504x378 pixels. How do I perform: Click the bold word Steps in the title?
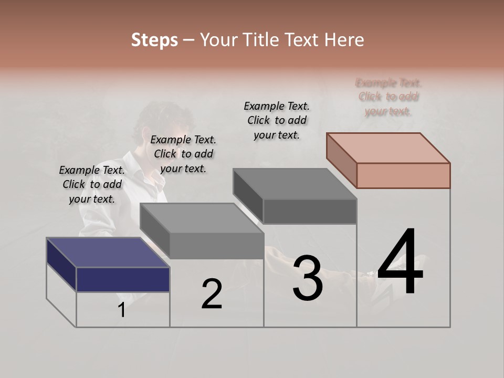coord(154,40)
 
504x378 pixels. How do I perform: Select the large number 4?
coord(400,262)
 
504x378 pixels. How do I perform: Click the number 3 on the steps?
coord(308,278)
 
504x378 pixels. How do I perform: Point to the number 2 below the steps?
coord(212,293)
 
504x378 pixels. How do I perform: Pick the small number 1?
coord(121,310)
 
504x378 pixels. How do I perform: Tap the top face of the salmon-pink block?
coord(388,148)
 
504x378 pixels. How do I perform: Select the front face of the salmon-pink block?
coord(403,175)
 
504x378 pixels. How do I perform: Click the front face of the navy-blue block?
coord(123,279)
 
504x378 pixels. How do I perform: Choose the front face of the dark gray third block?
coord(310,211)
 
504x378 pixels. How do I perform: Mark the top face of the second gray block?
coord(202,218)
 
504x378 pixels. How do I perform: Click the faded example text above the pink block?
coord(388,97)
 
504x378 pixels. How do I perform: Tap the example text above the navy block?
coord(92,184)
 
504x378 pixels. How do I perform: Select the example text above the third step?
coord(277,120)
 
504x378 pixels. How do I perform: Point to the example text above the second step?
coord(183,154)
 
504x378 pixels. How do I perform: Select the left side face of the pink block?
coord(341,161)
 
